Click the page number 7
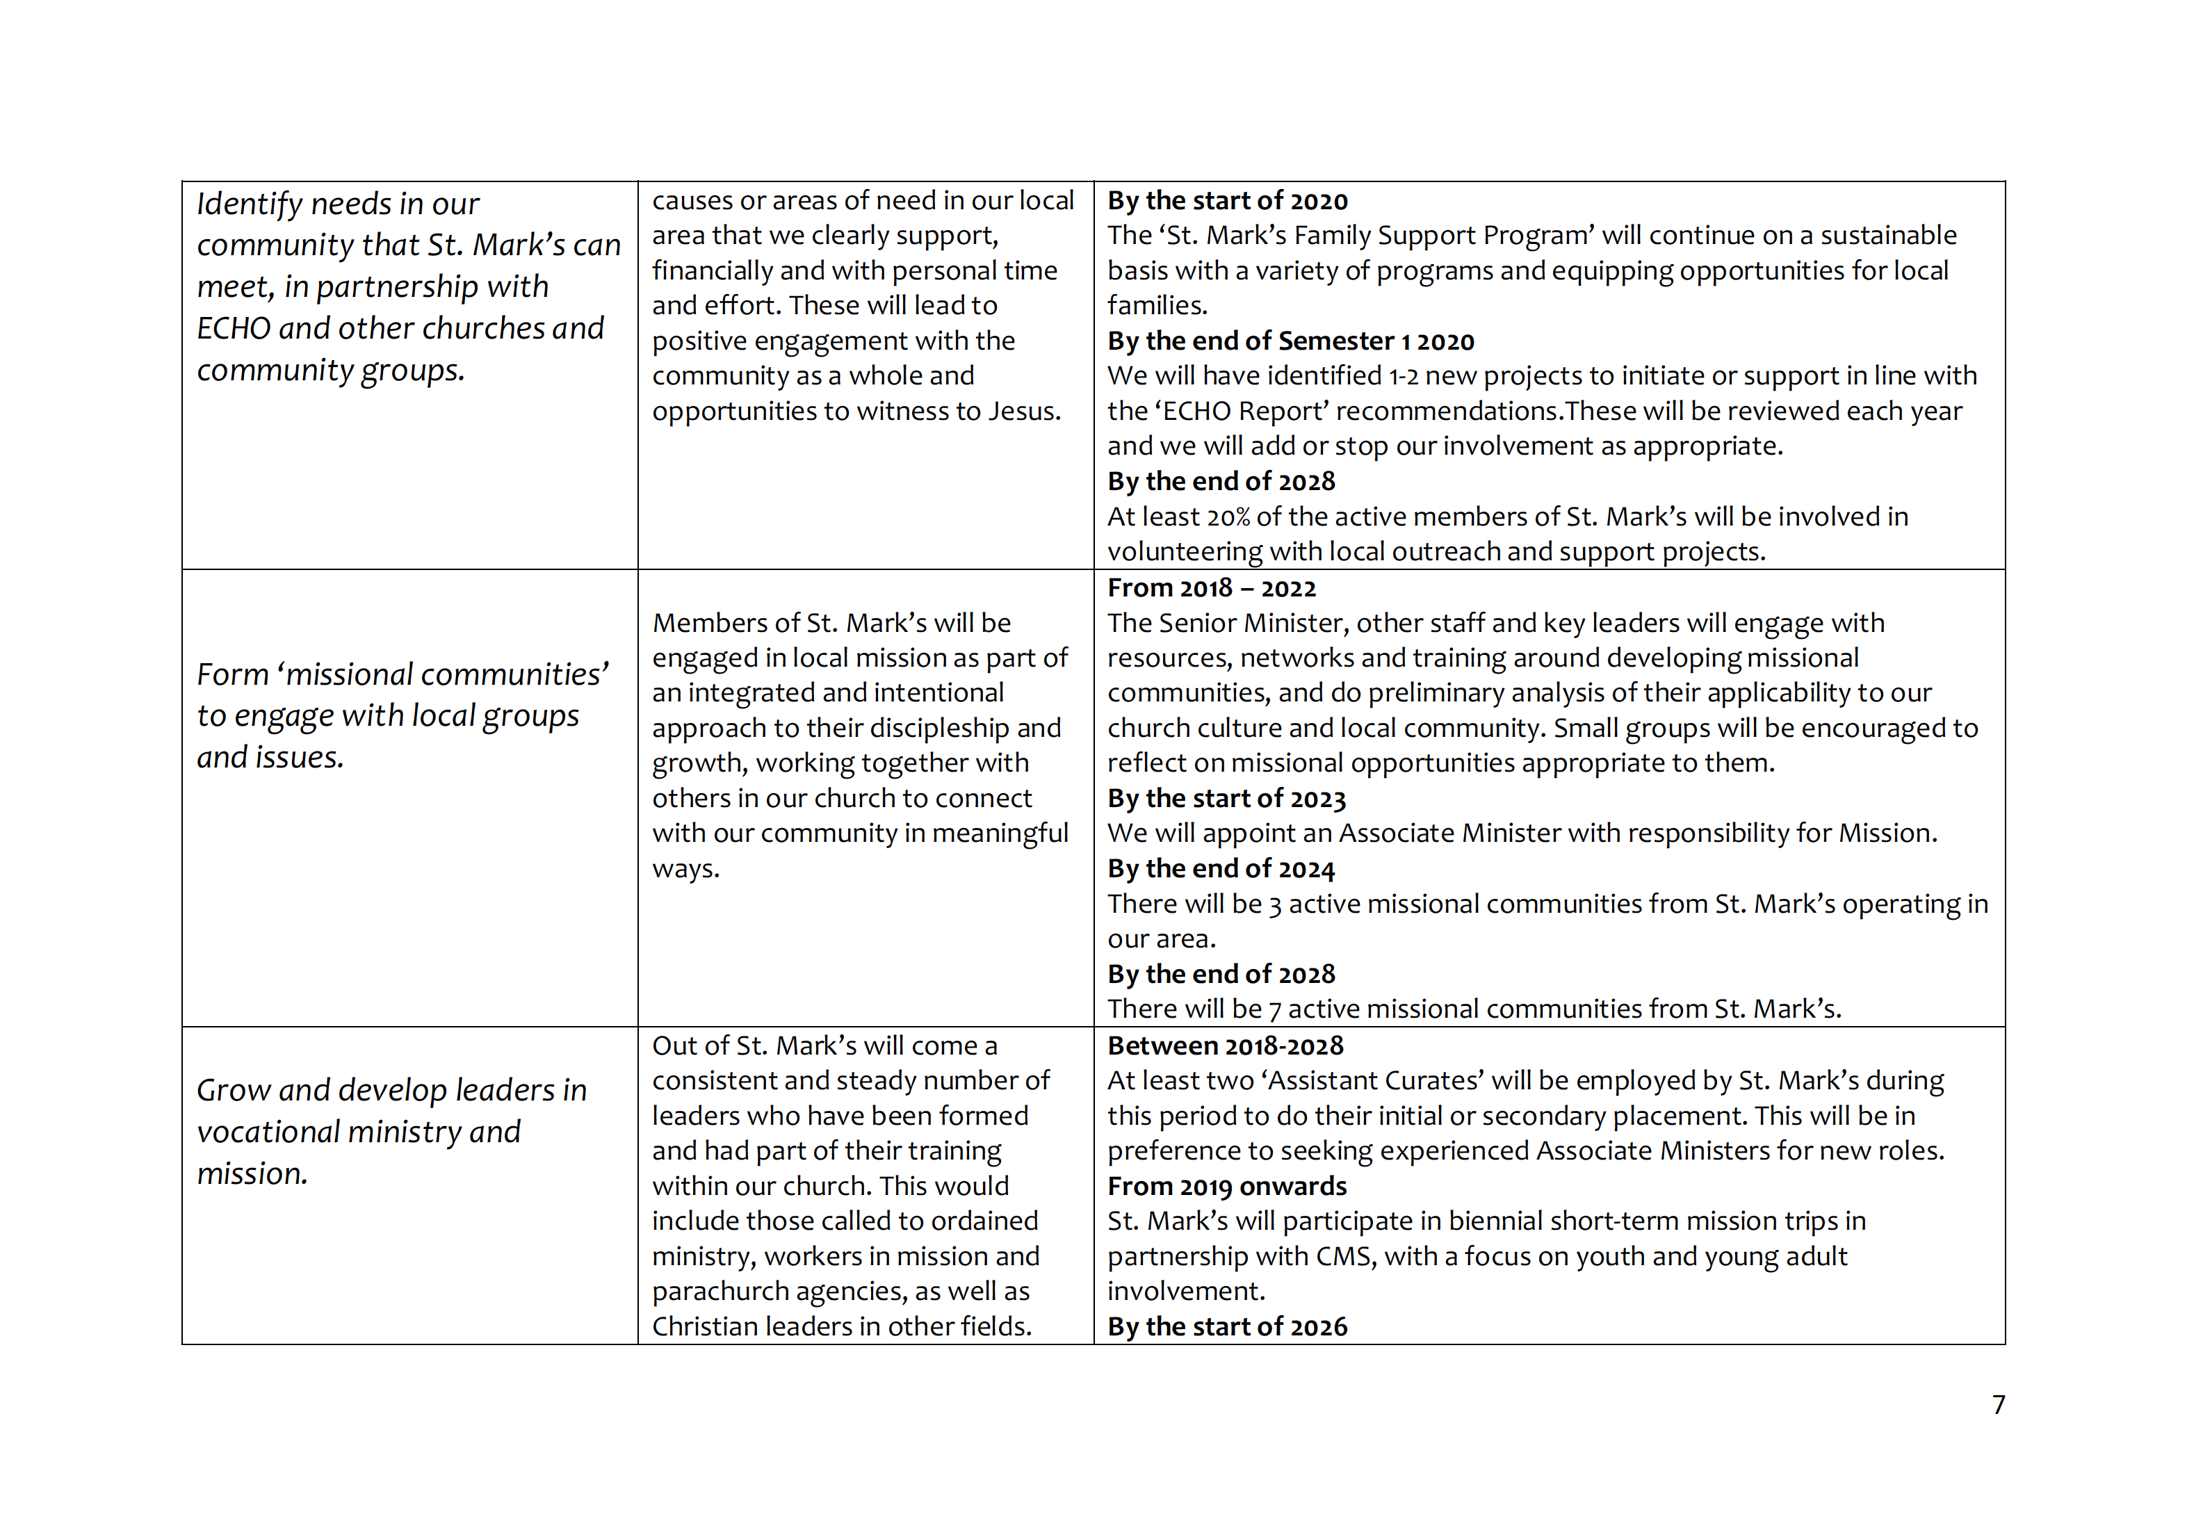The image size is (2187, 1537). [x=1999, y=1405]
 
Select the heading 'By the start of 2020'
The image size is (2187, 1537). [x=1227, y=201]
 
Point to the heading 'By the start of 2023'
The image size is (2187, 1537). [x=1226, y=798]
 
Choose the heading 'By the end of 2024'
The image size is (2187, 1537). [x=1220, y=868]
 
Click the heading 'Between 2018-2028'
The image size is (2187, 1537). [x=1225, y=1046]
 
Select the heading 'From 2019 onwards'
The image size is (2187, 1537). [x=1227, y=1186]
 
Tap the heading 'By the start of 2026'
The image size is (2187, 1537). [x=1227, y=1326]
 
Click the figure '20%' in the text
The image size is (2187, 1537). [x=1228, y=517]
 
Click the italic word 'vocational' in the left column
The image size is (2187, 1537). [x=268, y=1132]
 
